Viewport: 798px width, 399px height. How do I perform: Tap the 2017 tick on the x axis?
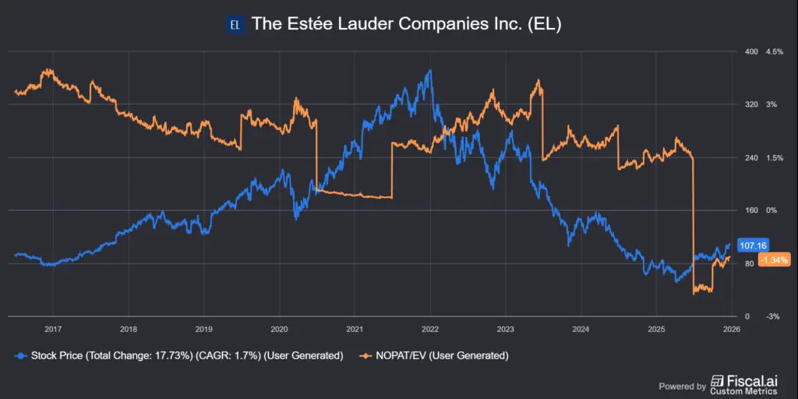point(53,329)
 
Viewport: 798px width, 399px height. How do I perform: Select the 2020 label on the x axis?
point(279,329)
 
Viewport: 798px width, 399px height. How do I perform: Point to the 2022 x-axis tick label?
point(431,329)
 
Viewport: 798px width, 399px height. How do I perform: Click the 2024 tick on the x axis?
point(581,329)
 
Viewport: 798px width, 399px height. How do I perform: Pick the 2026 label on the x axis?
point(731,329)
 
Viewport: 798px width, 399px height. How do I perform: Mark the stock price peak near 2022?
point(429,71)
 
